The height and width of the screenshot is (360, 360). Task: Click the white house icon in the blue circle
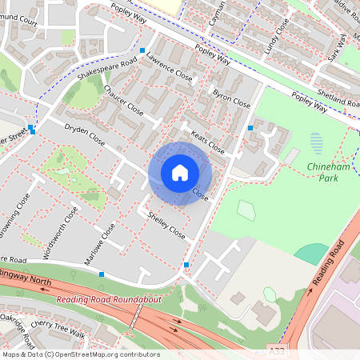coord(180,173)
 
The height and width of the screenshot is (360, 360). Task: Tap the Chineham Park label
coord(330,171)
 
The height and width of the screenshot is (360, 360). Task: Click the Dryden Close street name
coord(84,134)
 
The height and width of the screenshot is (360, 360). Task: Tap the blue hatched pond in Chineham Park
coord(317,144)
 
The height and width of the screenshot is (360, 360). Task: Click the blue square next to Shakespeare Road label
coord(142,51)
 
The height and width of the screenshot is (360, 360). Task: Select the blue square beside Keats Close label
coord(250,128)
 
